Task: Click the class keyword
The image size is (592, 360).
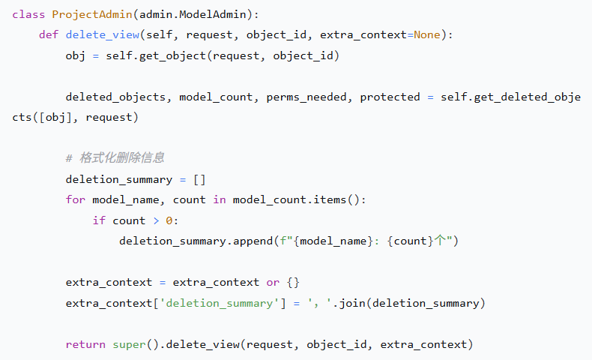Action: tap(28, 14)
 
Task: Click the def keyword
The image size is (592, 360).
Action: tap(49, 35)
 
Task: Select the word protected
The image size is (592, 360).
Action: tap(390, 97)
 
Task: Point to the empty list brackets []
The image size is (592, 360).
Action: tap(199, 179)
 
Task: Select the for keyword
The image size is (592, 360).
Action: tap(75, 200)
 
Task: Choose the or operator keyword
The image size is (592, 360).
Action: tap(273, 282)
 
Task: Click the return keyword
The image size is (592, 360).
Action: tap(85, 344)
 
